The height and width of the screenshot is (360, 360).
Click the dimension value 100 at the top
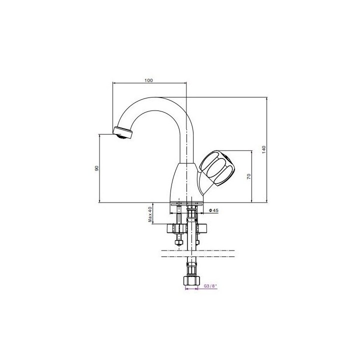(x=148, y=80)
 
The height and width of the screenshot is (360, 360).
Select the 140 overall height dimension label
(x=263, y=149)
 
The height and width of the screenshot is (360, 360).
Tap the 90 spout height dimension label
(x=96, y=168)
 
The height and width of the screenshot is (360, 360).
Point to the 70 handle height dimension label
(x=249, y=176)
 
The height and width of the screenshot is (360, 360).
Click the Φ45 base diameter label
(x=213, y=210)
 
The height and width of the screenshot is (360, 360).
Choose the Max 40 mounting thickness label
(x=150, y=214)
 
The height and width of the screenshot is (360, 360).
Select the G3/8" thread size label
(x=210, y=286)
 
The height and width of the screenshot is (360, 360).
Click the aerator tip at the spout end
(x=123, y=133)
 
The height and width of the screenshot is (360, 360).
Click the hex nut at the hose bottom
(x=191, y=281)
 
